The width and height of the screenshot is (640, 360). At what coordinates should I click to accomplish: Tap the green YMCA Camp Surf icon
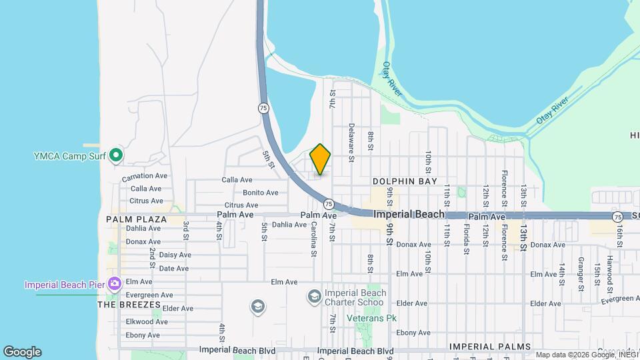(x=116, y=155)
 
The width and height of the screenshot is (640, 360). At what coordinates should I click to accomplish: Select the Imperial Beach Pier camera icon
(x=115, y=285)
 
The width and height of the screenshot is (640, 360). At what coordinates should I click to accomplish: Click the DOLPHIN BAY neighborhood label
(x=405, y=181)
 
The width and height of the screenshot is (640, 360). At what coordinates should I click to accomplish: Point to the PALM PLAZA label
(x=136, y=219)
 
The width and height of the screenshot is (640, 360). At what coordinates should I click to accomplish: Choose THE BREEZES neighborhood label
(x=129, y=305)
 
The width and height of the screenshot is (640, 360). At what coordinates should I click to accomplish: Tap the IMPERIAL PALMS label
(x=490, y=347)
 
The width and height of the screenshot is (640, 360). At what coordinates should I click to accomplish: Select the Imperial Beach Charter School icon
(x=314, y=295)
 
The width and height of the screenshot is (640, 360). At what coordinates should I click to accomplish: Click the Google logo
(x=22, y=352)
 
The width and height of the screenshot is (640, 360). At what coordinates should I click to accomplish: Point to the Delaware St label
(x=351, y=141)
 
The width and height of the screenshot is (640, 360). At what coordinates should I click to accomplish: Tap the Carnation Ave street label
(x=145, y=177)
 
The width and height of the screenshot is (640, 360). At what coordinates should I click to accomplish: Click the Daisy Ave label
(x=175, y=255)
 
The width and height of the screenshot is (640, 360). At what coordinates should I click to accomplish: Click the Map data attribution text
(x=586, y=355)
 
